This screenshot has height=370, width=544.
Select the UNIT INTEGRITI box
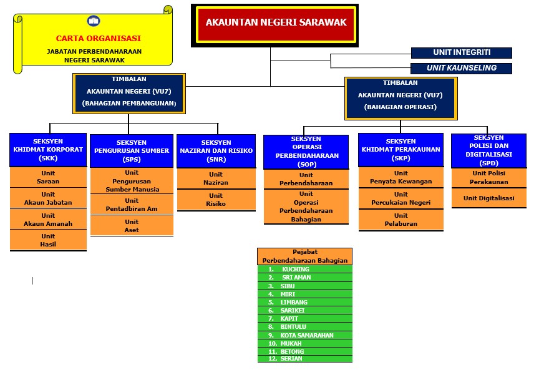[461, 53]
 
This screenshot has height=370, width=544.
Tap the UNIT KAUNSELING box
[461, 68]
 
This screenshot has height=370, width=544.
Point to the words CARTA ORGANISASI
[98, 38]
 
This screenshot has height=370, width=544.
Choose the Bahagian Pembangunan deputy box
[129, 93]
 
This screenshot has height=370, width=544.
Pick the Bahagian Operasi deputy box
[400, 97]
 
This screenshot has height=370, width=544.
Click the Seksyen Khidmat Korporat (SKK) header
[48, 150]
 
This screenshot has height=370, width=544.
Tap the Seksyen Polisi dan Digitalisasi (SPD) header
[488, 150]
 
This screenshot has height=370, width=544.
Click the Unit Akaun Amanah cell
[48, 220]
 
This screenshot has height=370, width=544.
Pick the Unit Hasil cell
[48, 240]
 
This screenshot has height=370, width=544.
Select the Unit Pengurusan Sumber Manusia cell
[132, 181]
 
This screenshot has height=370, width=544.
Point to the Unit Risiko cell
[215, 200]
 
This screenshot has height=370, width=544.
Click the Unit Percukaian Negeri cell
[401, 198]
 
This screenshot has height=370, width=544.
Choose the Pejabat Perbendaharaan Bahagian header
[305, 256]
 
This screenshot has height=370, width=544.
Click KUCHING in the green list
[295, 270]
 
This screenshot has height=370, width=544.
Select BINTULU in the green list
[294, 326]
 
